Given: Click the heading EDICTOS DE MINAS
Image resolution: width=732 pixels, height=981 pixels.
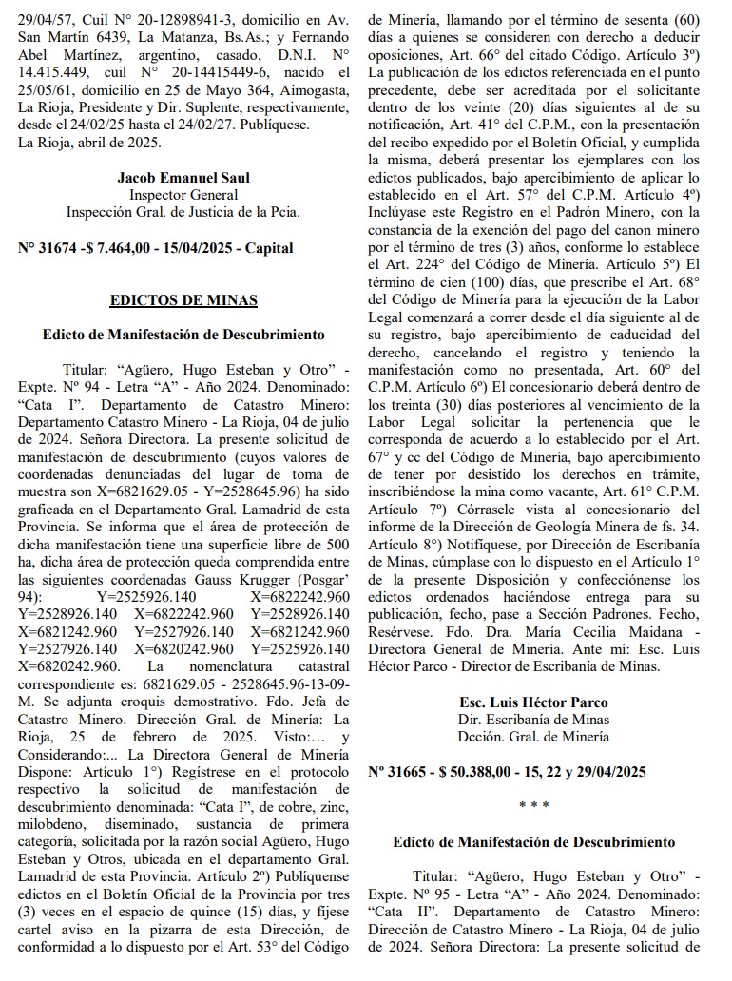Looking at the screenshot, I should tap(183, 300).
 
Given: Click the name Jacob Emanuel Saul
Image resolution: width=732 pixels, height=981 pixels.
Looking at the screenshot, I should tap(183, 178).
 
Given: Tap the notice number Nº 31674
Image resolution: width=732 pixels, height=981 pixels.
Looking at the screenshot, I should tap(53, 247).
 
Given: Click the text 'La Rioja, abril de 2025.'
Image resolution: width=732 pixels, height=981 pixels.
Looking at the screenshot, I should tap(90, 143).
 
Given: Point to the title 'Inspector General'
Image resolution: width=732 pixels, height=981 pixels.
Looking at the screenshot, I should tap(183, 195).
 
